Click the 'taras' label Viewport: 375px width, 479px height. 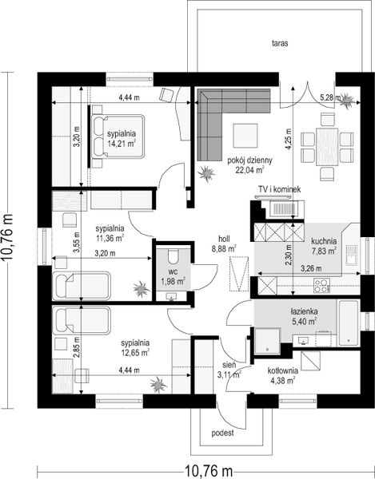[280, 43]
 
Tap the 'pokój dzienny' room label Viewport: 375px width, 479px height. [250, 160]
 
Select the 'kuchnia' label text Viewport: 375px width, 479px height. [324, 241]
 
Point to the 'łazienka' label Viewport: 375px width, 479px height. [304, 311]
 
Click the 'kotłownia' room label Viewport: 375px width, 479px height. [282, 371]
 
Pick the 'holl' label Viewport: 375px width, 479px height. [224, 239]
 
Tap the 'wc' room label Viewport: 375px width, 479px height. [173, 271]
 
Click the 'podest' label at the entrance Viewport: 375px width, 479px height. [222, 433]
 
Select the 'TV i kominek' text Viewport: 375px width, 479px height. [280, 189]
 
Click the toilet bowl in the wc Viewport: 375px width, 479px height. [174, 256]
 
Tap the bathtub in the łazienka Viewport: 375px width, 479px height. [349, 323]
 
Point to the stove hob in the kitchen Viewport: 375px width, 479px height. [321, 286]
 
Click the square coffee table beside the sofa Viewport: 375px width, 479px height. [245, 136]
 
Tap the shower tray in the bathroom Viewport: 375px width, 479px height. [268, 342]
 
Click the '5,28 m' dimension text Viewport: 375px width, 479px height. [330, 97]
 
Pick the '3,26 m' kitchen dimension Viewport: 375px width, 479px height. [311, 269]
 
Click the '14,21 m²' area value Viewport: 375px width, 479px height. [122, 144]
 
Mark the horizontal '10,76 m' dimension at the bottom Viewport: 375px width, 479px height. [209, 470]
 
